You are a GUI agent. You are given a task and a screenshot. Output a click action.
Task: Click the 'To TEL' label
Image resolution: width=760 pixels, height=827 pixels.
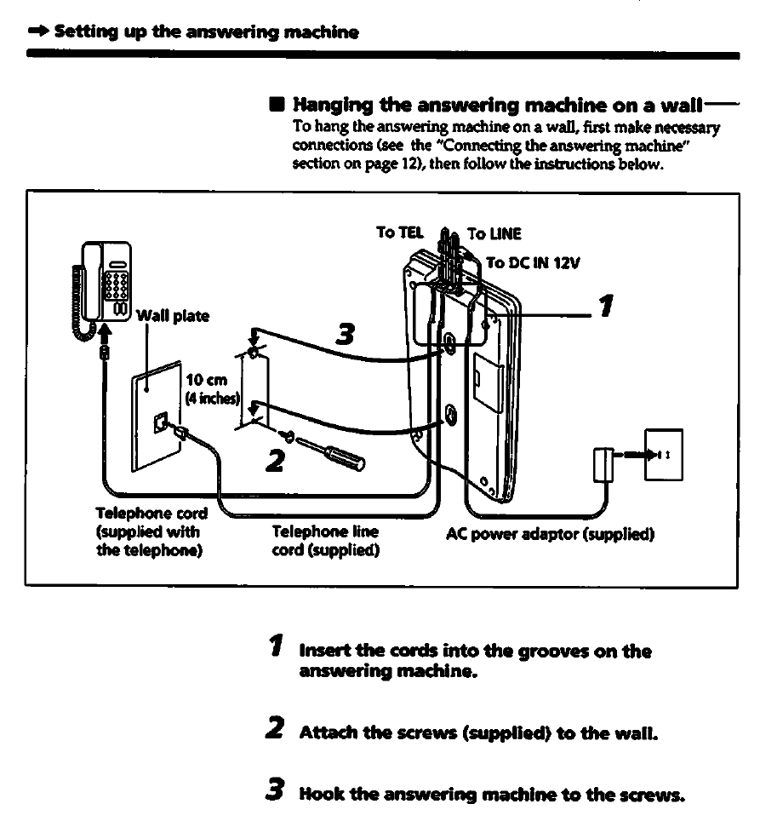pyautogui.click(x=398, y=232)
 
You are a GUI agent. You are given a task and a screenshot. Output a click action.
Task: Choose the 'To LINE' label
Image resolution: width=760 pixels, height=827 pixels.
pyautogui.click(x=494, y=234)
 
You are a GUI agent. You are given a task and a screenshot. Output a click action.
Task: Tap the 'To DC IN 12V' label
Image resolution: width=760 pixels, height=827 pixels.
pyautogui.click(x=533, y=263)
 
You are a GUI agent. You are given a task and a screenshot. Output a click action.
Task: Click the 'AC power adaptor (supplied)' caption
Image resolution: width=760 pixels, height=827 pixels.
pyautogui.click(x=550, y=535)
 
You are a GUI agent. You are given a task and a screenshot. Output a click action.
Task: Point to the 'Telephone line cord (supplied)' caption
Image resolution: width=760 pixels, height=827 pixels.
pyautogui.click(x=324, y=541)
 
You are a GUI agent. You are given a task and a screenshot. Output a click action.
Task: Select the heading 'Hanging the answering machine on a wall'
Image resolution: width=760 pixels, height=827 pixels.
pyautogui.click(x=498, y=106)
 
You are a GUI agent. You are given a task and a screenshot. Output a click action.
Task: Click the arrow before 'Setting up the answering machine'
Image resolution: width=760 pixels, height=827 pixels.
pyautogui.click(x=37, y=33)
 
